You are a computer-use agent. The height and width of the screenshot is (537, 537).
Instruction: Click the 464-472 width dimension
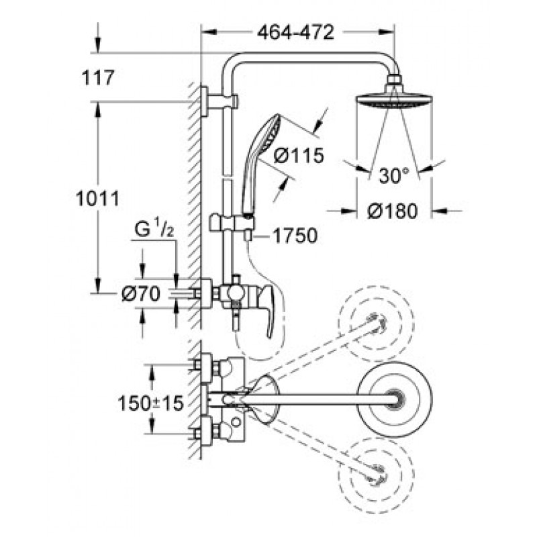pos(295,32)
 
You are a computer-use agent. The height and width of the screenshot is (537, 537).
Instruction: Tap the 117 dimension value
pos(97,77)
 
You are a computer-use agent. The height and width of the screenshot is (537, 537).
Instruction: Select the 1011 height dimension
pos(98,199)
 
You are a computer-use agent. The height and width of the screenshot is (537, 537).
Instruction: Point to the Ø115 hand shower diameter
pos(299,156)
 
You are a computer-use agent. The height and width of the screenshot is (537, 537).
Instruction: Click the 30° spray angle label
pos(394,176)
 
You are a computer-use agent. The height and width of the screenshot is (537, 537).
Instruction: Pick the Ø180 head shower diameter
pos(393,211)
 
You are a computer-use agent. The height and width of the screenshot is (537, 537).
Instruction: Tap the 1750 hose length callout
pos(295,236)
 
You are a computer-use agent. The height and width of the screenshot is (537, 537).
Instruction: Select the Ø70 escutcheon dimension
pos(141,293)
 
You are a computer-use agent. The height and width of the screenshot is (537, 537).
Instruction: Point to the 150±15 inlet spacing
pos(150,403)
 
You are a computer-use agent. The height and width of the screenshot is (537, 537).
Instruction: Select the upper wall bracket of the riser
pos(219,102)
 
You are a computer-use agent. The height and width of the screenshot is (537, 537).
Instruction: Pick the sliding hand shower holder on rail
pos(232,223)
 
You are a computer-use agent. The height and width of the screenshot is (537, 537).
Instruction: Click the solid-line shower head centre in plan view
pos(394,399)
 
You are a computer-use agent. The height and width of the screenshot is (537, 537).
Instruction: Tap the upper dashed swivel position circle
pos(377,322)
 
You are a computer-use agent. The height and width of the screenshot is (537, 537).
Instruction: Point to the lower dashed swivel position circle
pos(376,476)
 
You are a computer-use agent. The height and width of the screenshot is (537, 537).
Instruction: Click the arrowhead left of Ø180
pos(349,211)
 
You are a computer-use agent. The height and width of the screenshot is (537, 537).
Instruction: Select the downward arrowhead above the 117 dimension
pos(98,44)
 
